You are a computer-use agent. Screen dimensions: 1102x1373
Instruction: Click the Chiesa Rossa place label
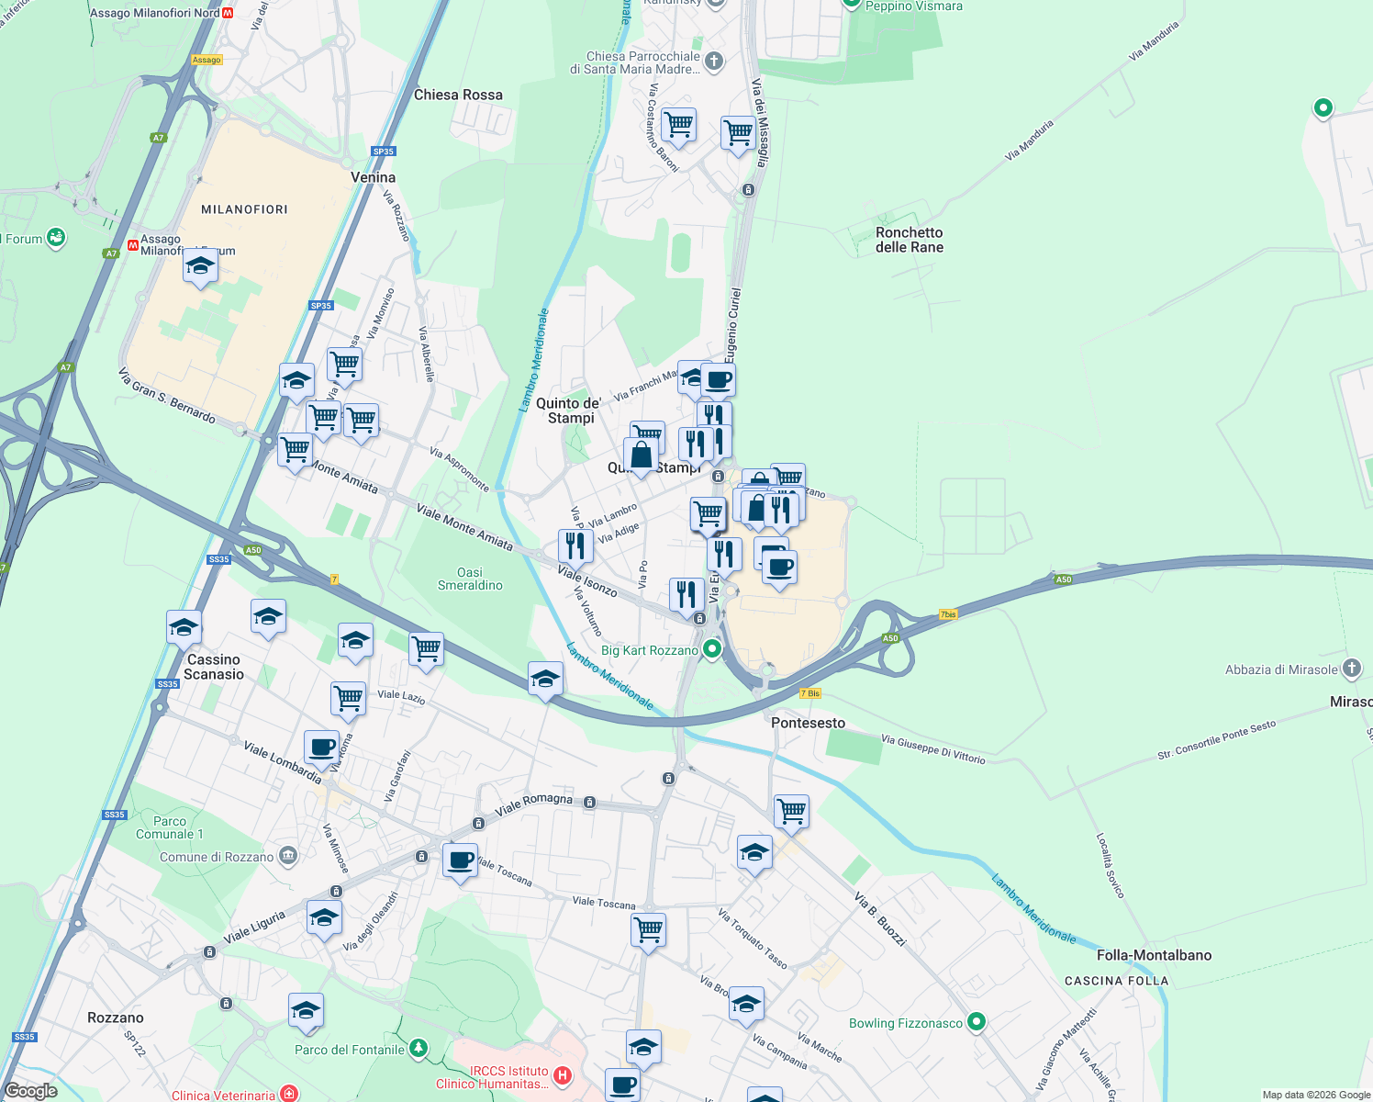(458, 95)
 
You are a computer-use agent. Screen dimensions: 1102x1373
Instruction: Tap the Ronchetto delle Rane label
(909, 240)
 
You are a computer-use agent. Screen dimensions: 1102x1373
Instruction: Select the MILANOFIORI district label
(244, 209)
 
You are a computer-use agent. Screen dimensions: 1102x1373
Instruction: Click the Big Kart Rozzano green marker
(711, 650)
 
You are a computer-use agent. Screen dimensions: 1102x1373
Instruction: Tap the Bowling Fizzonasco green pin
(977, 1021)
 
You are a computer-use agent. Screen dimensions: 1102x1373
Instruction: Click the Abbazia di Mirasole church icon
(1351, 669)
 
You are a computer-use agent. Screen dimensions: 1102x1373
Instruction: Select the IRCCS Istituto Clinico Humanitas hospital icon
(563, 1074)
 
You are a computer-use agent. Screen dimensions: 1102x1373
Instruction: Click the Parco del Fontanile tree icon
(419, 1048)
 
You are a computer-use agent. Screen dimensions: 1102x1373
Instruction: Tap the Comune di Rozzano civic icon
(288, 856)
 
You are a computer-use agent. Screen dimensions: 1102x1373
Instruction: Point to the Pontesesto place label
(808, 723)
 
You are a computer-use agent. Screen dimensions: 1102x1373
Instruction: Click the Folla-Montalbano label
(1154, 955)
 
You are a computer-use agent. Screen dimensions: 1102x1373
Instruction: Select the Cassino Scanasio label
(214, 667)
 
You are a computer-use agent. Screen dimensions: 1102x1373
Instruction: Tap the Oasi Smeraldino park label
(470, 579)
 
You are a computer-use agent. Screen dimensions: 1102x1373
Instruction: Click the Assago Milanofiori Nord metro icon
(228, 13)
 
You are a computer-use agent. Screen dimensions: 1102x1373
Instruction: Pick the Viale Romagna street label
(533, 804)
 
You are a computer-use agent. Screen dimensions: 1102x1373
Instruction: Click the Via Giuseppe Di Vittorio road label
(932, 748)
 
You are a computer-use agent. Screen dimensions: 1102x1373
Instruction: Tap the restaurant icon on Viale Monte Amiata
(575, 545)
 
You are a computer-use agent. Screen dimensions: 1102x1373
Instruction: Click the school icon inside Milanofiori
(200, 267)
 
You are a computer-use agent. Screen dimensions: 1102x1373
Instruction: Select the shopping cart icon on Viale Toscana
(648, 929)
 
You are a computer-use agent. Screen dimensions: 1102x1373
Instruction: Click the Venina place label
(374, 177)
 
